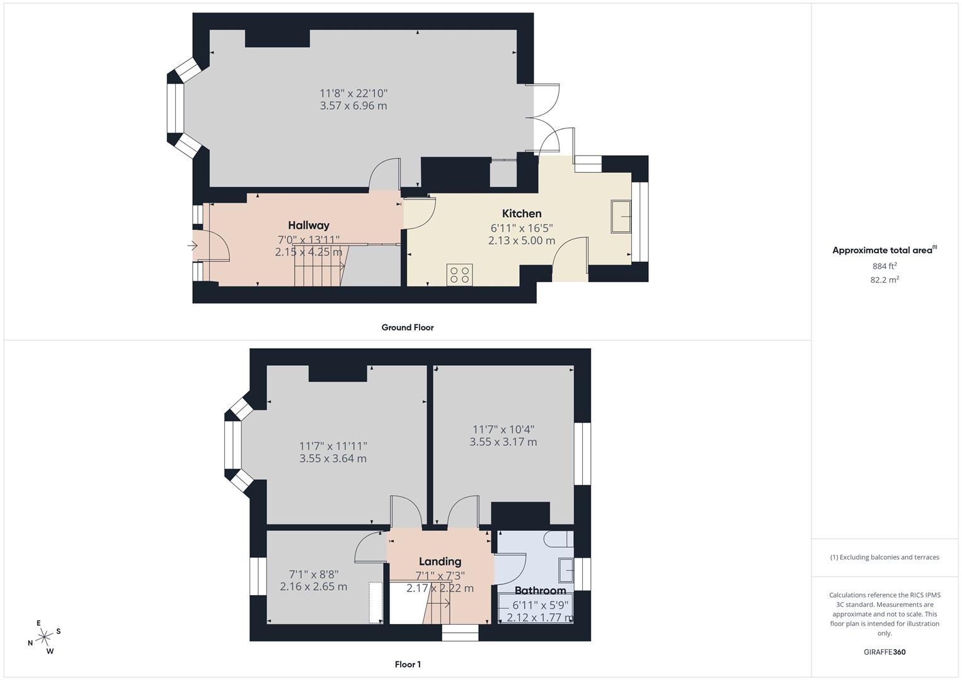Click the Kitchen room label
click(522, 213)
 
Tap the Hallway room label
click(309, 225)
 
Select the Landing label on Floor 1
click(440, 561)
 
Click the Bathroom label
click(541, 591)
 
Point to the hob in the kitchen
click(459, 275)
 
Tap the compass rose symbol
click(44, 637)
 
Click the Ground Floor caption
click(408, 327)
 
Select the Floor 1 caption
click(408, 664)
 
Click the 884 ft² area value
click(885, 266)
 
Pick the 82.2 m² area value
click(885, 280)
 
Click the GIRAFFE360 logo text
click(885, 652)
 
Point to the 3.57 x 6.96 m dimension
click(353, 106)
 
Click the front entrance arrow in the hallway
click(192, 246)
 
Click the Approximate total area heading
click(885, 250)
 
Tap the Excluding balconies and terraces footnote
click(885, 557)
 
